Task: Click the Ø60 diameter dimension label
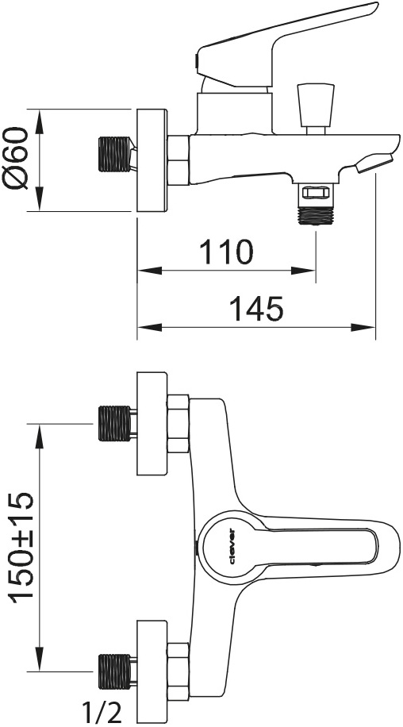pos(17,158)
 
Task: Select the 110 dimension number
pos(227,252)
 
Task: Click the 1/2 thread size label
pos(102,712)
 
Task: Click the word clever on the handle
pos(232,547)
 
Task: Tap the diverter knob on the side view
pos(316,109)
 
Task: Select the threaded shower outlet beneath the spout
pos(316,203)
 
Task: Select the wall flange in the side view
pos(152,161)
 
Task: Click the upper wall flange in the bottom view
pos(152,423)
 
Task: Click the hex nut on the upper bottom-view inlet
pos(178,423)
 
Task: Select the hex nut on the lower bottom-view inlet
pos(178,671)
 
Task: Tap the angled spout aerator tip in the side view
pos(374,163)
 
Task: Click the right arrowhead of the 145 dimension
pos(363,328)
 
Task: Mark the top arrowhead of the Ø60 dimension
pos(40,121)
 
